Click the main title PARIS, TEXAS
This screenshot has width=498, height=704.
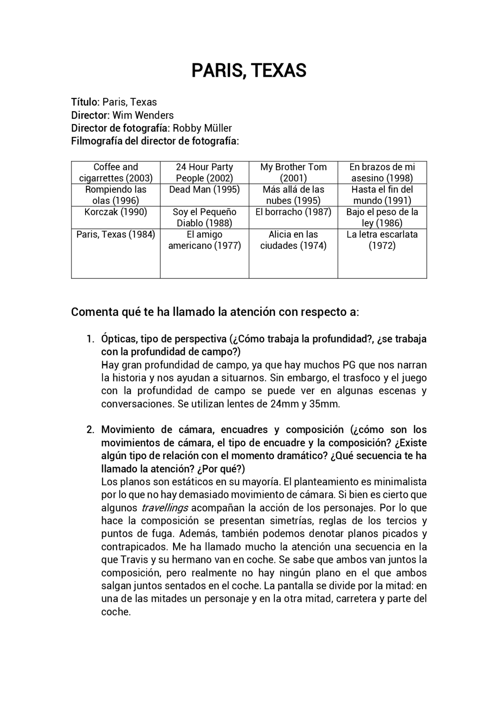[249, 70]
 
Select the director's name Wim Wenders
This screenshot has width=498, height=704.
[143, 115]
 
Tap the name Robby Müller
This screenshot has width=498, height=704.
[202, 128]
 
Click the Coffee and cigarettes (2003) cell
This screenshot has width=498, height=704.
[116, 173]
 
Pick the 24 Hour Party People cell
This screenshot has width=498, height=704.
[204, 173]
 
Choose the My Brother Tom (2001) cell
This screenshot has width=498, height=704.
[293, 173]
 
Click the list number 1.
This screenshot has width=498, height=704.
[90, 339]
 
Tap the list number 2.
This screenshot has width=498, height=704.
[90, 430]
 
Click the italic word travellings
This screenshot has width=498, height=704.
[165, 508]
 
